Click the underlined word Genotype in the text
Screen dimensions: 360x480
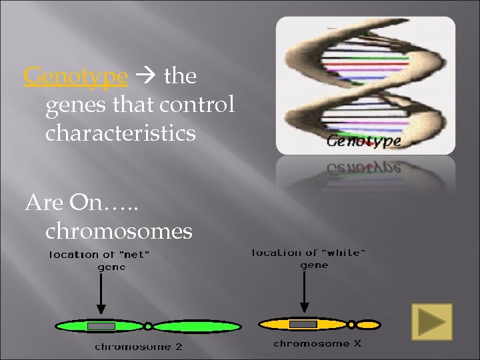pyautogui.click(x=75, y=77)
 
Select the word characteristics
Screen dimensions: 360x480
pyautogui.click(x=120, y=133)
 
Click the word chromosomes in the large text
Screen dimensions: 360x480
pyautogui.click(x=119, y=231)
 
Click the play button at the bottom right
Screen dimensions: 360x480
pyautogui.click(x=431, y=321)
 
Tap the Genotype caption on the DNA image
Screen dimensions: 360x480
pyautogui.click(x=364, y=141)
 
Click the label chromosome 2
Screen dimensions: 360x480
pyautogui.click(x=138, y=346)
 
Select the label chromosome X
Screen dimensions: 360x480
pyautogui.click(x=317, y=343)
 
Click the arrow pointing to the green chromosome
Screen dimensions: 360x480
pyautogui.click(x=100, y=293)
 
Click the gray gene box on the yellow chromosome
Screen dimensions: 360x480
pyautogui.click(x=303, y=324)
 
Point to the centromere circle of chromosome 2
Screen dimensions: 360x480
pyautogui.click(x=148, y=327)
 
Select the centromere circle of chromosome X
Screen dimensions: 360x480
pyautogui.click(x=351, y=324)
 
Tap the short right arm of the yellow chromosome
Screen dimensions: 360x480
pyautogui.click(x=367, y=325)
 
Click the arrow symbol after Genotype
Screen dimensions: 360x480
pyautogui.click(x=146, y=77)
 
